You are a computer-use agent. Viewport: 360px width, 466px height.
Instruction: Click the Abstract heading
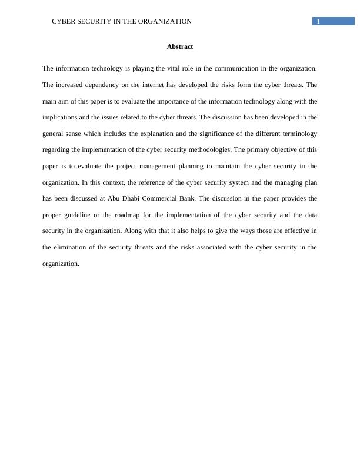(180, 46)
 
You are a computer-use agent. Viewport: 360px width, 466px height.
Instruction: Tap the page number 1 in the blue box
(318, 22)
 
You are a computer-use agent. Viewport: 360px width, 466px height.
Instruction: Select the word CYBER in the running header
(63, 22)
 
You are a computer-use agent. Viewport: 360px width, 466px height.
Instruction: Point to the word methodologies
(205, 150)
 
